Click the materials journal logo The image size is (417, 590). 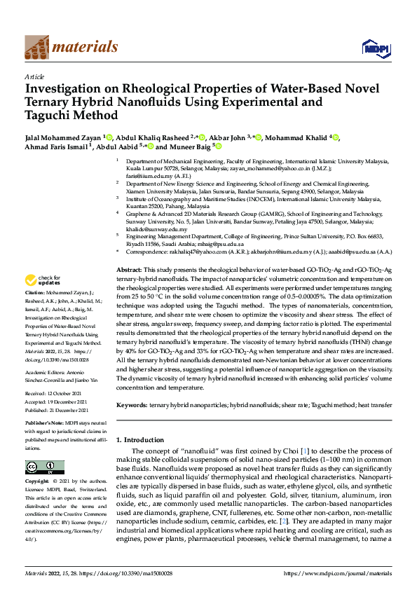click(71, 47)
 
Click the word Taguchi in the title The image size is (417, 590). click(51, 116)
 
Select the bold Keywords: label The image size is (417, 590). click(132, 405)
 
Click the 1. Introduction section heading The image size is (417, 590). click(144, 439)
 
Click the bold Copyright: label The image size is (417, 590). click(37, 482)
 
